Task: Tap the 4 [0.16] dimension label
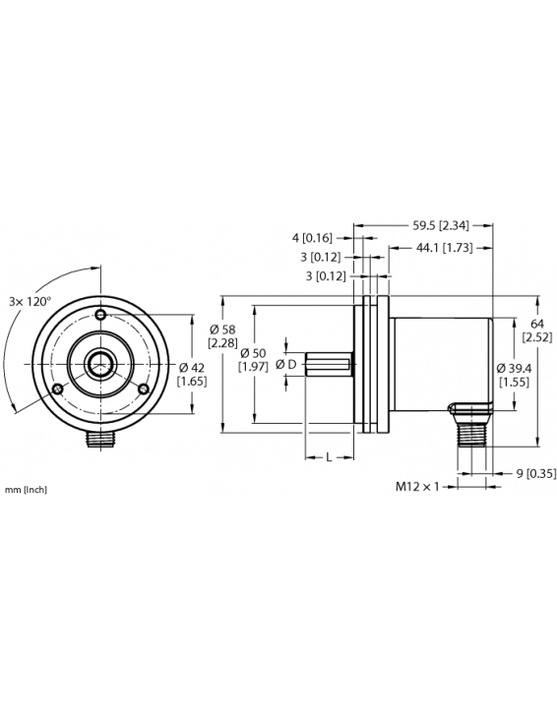click(312, 237)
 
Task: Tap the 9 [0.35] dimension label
click(537, 473)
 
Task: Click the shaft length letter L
click(328, 458)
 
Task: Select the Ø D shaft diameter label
click(286, 365)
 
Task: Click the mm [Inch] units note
click(26, 489)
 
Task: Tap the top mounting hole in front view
click(100, 315)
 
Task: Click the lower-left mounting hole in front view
click(58, 389)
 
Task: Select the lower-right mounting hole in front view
click(143, 389)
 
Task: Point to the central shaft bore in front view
click(100, 364)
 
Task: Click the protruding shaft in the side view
click(329, 365)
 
